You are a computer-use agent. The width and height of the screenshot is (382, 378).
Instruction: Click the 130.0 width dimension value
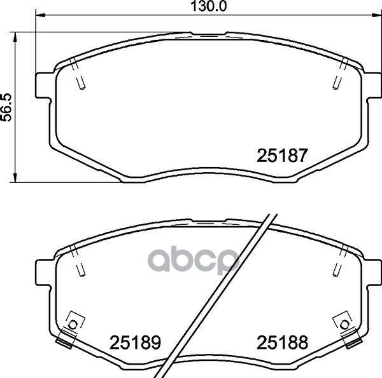(x=208, y=6)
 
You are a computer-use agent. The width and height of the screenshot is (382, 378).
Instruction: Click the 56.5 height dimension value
(x=6, y=107)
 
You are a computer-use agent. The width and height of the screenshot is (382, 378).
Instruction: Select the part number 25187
(x=282, y=156)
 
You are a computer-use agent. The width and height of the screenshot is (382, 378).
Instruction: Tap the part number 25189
(x=135, y=342)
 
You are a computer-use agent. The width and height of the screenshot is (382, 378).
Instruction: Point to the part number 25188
(x=282, y=342)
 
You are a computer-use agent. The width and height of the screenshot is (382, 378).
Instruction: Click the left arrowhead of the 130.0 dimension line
(x=41, y=15)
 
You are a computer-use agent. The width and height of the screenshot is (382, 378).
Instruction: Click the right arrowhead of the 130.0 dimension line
(x=377, y=15)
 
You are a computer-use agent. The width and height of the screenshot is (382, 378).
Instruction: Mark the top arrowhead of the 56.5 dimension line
(x=15, y=36)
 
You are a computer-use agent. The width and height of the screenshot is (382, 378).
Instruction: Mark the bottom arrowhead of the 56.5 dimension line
(x=15, y=177)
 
